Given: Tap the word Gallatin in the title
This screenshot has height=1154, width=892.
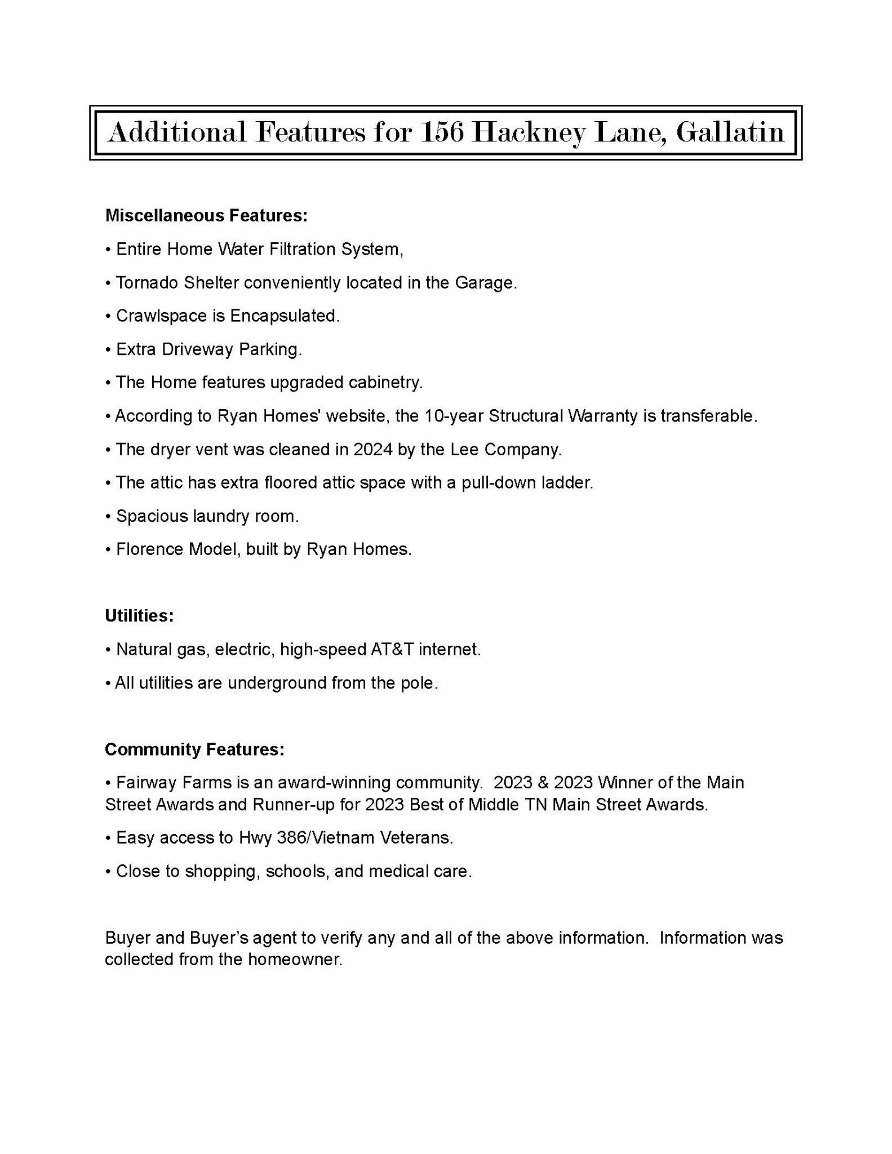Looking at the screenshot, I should tap(730, 133).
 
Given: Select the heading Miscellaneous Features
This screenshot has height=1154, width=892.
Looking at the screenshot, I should tap(206, 216).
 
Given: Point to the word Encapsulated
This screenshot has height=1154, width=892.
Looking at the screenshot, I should tap(285, 316).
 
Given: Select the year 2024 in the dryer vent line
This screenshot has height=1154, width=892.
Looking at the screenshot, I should tap(373, 450).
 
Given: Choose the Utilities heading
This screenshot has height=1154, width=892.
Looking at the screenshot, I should tap(139, 616).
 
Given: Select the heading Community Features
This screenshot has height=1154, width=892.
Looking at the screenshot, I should tap(194, 749).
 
